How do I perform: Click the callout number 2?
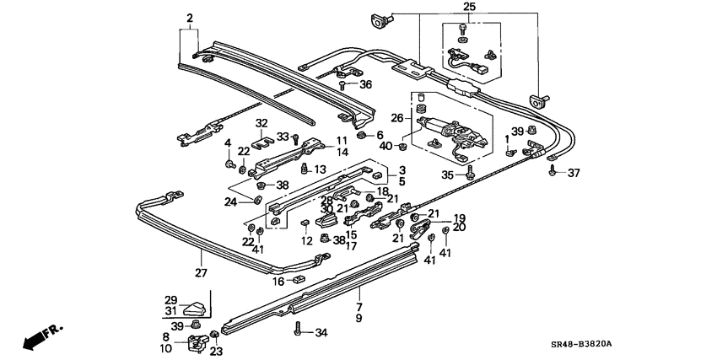(x=190, y=18)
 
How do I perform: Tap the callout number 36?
(x=365, y=84)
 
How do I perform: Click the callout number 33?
(x=283, y=136)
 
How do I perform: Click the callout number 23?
(x=217, y=352)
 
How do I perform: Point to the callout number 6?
(x=380, y=135)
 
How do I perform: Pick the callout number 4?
(x=227, y=142)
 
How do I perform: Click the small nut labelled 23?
(x=213, y=337)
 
